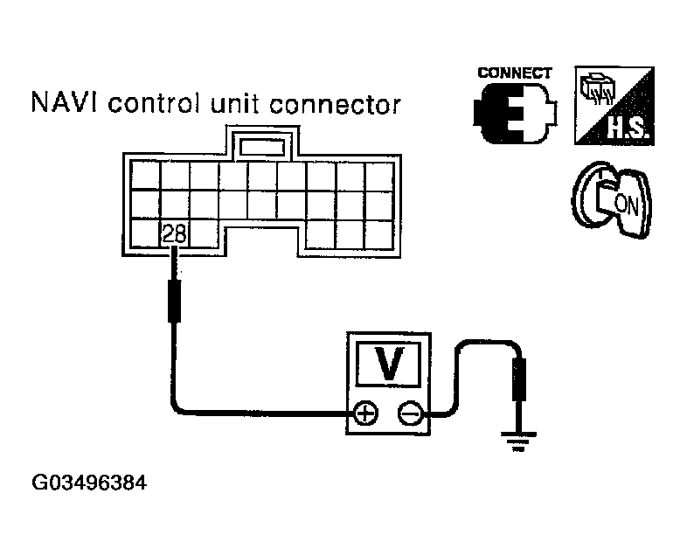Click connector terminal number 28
click(x=175, y=233)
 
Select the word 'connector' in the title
click(x=335, y=104)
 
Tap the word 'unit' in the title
click(x=237, y=103)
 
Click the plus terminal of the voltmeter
click(x=366, y=414)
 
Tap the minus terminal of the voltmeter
click(x=411, y=414)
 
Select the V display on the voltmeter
click(x=389, y=365)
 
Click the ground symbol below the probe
click(x=519, y=441)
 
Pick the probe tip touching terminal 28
click(x=175, y=264)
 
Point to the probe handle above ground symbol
click(x=519, y=379)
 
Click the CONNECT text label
click(x=514, y=73)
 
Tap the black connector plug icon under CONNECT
click(x=515, y=113)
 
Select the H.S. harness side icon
click(x=614, y=106)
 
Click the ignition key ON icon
click(x=612, y=200)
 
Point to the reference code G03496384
click(x=89, y=483)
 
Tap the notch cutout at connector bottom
click(x=262, y=241)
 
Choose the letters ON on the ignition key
click(x=626, y=205)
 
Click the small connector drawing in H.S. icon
click(x=597, y=90)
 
